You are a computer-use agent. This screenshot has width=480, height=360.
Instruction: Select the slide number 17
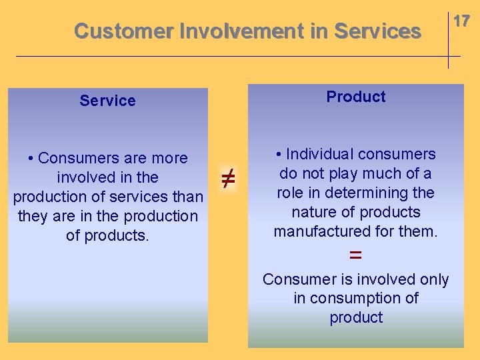coord(461,21)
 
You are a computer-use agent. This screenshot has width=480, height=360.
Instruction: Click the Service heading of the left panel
coord(107,101)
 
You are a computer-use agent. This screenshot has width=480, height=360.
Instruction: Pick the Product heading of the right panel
coord(356,97)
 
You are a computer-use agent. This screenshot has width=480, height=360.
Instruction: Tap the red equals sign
coord(356,255)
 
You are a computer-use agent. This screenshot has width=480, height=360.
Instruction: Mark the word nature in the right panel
coord(314,212)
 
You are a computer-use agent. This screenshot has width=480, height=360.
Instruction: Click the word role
coord(293,193)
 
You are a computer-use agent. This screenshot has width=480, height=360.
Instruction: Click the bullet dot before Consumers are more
coord(32,159)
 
